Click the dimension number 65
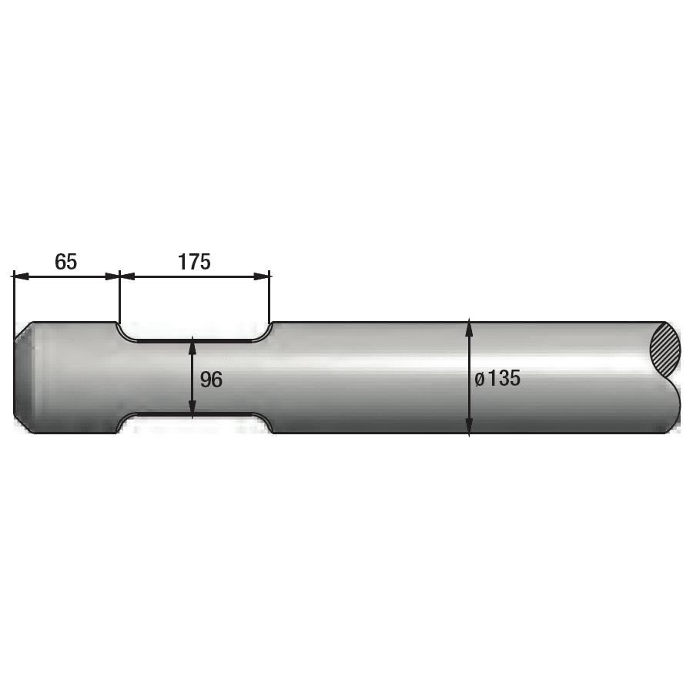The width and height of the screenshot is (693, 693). (65, 262)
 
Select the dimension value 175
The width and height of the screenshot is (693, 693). (194, 262)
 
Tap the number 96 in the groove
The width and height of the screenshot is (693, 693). (211, 379)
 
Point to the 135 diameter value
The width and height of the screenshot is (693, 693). (504, 378)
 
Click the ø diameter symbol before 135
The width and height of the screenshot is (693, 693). (480, 379)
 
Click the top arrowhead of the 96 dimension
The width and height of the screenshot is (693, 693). (192, 343)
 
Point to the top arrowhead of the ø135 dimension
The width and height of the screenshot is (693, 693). (469, 327)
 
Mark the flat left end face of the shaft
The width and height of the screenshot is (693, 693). (15, 377)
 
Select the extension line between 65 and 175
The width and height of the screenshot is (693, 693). (119, 296)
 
